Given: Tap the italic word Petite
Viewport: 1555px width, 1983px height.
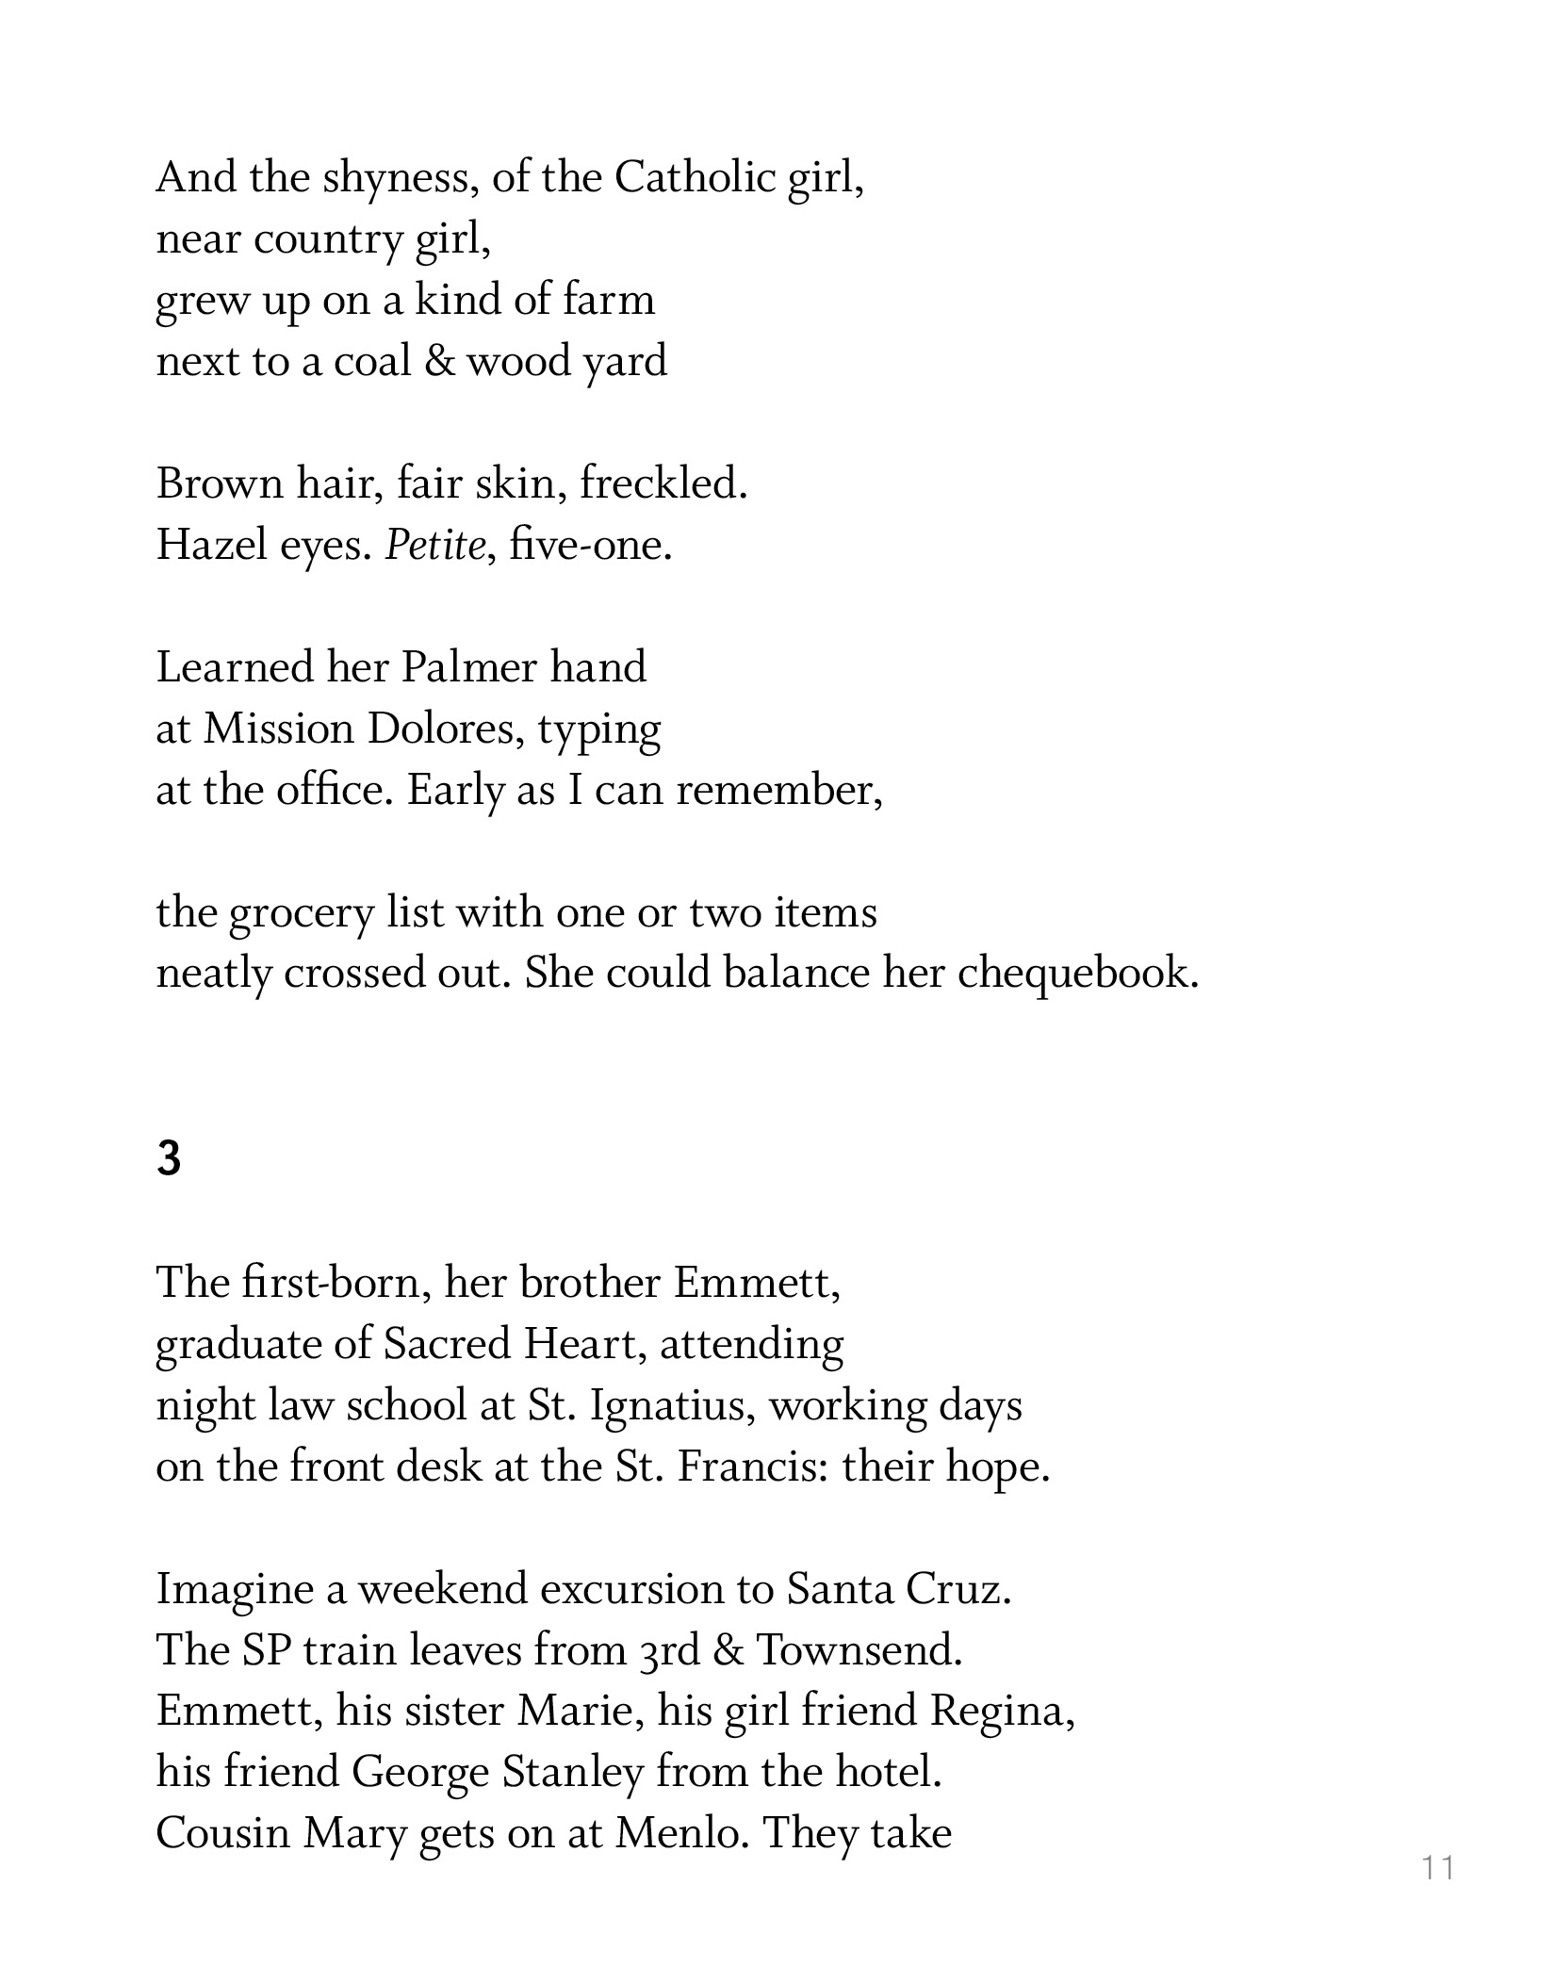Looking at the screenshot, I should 434,545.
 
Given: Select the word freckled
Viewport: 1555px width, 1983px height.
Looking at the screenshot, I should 663,483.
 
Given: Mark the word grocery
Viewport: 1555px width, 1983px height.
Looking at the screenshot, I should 301,912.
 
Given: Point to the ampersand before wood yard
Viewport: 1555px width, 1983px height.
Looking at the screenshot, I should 439,361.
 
